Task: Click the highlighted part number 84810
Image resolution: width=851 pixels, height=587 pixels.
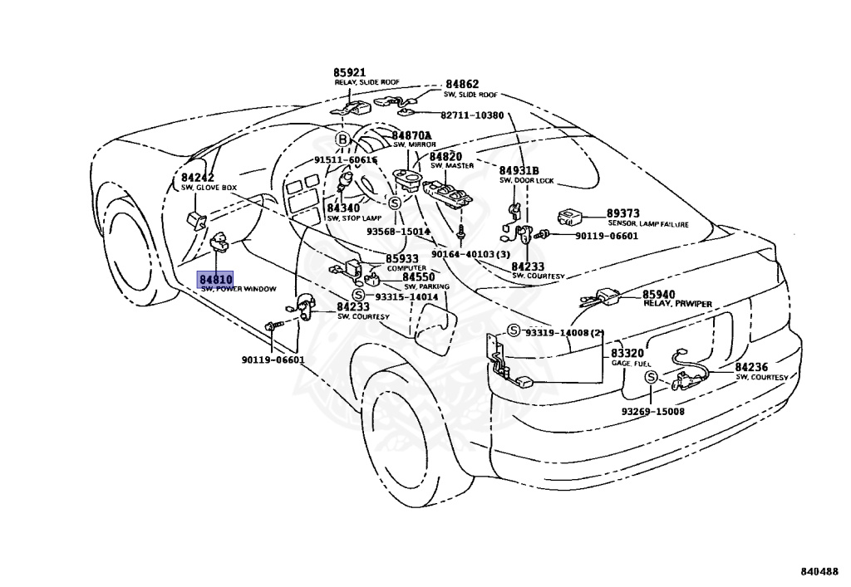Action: (215, 279)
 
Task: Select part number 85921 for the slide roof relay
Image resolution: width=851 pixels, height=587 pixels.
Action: (350, 73)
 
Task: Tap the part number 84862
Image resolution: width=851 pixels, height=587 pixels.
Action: (462, 85)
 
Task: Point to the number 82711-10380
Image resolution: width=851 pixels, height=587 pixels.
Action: (472, 115)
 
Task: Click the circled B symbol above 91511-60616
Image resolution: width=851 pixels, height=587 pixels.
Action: (342, 139)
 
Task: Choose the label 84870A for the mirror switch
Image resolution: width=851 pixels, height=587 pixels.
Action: (412, 135)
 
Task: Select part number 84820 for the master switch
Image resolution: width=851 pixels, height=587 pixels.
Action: (445, 156)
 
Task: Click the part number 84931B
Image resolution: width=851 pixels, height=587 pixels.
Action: (519, 170)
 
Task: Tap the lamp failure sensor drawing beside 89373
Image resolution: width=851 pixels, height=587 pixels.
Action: (569, 217)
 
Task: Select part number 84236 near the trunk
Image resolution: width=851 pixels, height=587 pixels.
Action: (752, 367)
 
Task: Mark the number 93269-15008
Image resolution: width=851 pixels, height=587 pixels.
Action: (652, 411)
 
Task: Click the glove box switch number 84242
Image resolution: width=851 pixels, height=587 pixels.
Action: (198, 178)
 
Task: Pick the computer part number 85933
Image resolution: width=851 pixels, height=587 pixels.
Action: (402, 259)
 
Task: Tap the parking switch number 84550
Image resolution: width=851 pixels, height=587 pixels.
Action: (419, 276)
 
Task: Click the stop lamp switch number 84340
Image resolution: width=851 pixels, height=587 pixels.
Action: (342, 208)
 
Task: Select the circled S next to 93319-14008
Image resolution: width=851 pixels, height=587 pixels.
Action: (513, 331)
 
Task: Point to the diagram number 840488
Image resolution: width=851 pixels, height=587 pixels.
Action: (819, 572)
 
